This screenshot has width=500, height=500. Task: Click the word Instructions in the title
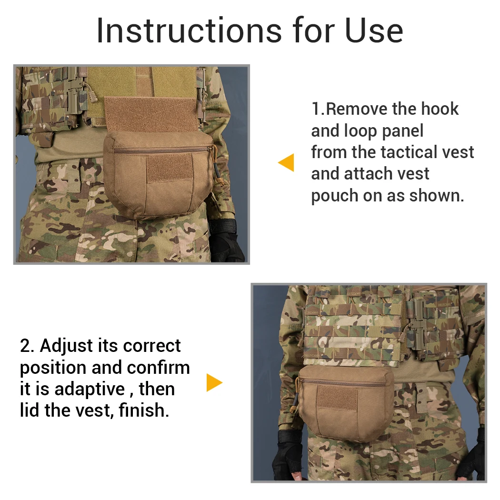tap(189, 30)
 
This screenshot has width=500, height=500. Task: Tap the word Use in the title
tap(374, 30)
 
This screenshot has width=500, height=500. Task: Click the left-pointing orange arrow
tap(286, 163)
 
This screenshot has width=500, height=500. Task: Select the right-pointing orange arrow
tap(214, 382)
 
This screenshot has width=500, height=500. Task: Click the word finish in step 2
tap(144, 410)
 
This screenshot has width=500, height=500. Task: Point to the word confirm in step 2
tap(158, 368)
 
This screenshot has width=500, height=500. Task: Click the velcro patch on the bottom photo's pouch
tap(337, 398)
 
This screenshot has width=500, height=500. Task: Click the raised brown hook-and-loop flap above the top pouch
tap(152, 114)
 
